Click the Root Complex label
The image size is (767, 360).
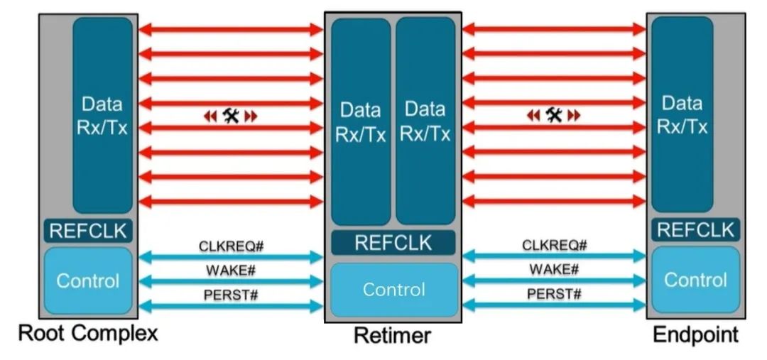tap(87, 334)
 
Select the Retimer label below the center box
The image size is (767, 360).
tap(392, 335)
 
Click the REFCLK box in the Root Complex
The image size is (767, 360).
tap(88, 230)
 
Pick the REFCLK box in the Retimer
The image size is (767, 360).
tap(393, 242)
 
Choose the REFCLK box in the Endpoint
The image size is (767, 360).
tap(695, 229)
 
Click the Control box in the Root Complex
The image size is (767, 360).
tap(88, 280)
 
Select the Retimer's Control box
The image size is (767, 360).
tap(393, 290)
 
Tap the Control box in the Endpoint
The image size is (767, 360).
tap(695, 280)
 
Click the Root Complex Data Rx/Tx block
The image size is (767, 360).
tap(102, 115)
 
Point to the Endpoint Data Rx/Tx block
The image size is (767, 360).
tap(682, 115)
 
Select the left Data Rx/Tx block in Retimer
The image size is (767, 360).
tap(361, 121)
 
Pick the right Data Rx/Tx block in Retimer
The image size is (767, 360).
tap(425, 121)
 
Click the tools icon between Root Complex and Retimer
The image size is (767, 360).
tap(231, 116)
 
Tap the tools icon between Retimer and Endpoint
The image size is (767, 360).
tap(554, 115)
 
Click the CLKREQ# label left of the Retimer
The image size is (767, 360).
tap(231, 246)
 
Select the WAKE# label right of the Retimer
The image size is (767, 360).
tap(554, 270)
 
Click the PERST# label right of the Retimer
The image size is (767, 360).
tap(554, 294)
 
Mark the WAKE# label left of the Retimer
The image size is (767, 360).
tap(231, 271)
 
